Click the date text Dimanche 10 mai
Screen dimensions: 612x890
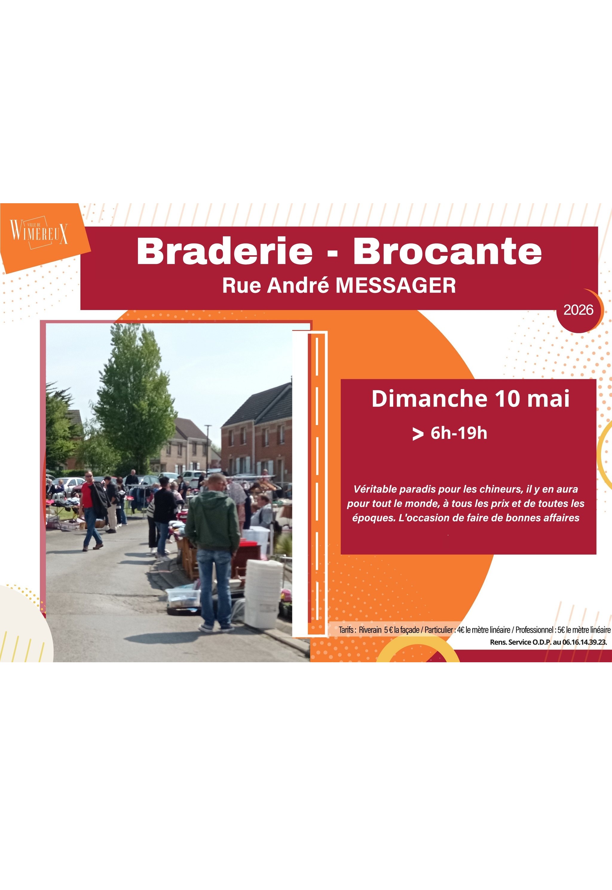(470, 399)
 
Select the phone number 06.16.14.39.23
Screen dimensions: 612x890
(585, 642)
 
